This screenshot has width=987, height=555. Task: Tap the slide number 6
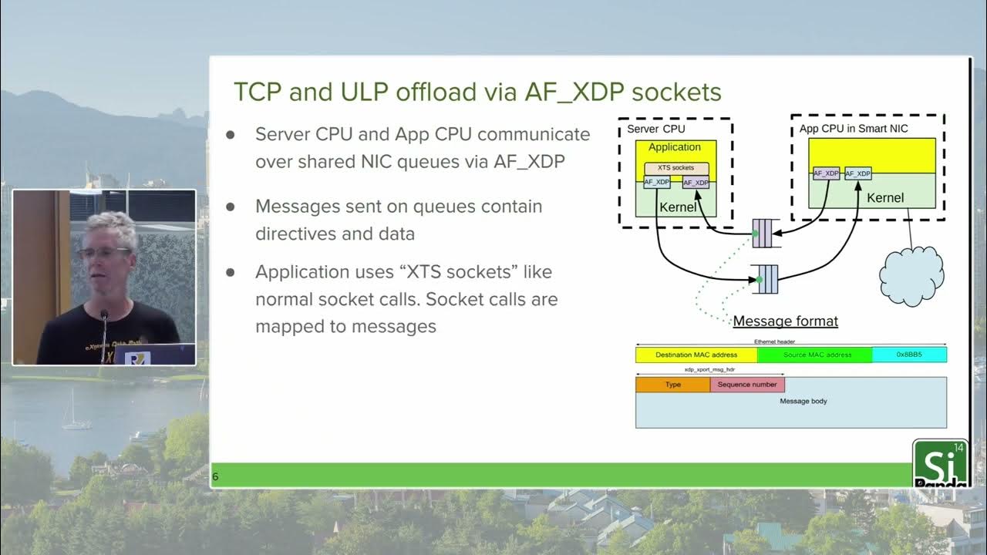[x=215, y=476]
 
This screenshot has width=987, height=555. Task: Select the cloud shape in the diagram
[x=911, y=277]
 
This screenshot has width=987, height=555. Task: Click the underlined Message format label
[x=785, y=321]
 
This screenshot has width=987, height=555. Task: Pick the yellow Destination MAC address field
[x=696, y=355]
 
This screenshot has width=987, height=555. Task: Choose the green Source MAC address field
[x=814, y=355]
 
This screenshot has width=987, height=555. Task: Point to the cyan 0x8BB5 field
[x=909, y=355]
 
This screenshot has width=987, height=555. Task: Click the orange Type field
[x=672, y=385]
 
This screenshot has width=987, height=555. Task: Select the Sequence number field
[x=747, y=385]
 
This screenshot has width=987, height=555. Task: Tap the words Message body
[x=803, y=402]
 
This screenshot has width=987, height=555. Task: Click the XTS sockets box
[x=675, y=168]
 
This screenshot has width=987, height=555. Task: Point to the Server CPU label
[x=655, y=129]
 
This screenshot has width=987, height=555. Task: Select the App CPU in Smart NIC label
[x=853, y=129]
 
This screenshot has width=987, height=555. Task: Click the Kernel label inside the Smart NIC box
[x=885, y=198]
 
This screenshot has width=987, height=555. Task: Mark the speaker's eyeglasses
[x=103, y=252]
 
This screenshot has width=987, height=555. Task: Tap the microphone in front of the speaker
[x=103, y=316]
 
